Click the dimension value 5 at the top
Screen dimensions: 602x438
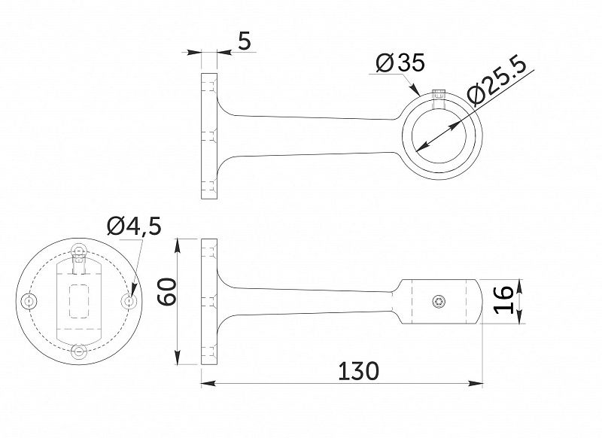[244, 41]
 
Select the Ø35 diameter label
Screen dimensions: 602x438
[400, 62]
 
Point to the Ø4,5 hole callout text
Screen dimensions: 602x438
[134, 226]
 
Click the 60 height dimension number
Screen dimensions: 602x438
[167, 292]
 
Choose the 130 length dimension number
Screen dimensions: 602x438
[358, 371]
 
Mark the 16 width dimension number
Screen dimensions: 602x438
[503, 300]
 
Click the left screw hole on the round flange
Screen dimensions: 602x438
[29, 301]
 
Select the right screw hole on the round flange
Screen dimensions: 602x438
[129, 301]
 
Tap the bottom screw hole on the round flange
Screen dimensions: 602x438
[79, 351]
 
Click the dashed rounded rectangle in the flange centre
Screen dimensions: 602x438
[79, 301]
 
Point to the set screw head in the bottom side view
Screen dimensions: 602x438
[438, 302]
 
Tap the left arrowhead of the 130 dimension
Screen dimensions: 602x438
[208, 383]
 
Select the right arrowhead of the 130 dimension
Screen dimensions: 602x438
[476, 383]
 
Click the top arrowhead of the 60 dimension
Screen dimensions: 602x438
[178, 245]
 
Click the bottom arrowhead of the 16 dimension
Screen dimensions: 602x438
[519, 316]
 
